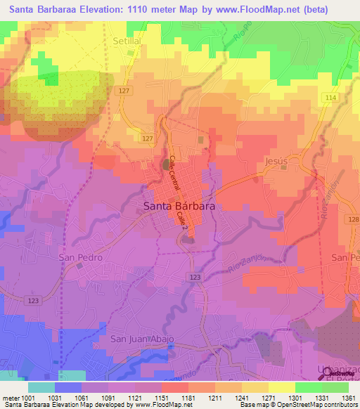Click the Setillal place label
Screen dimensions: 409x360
127,41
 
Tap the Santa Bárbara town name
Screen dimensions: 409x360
179,207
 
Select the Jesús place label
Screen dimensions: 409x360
276,161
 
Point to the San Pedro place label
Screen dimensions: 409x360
80,257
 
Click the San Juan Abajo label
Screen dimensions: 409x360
142,339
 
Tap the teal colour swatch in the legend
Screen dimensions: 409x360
41,387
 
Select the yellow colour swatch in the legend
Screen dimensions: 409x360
281,387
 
